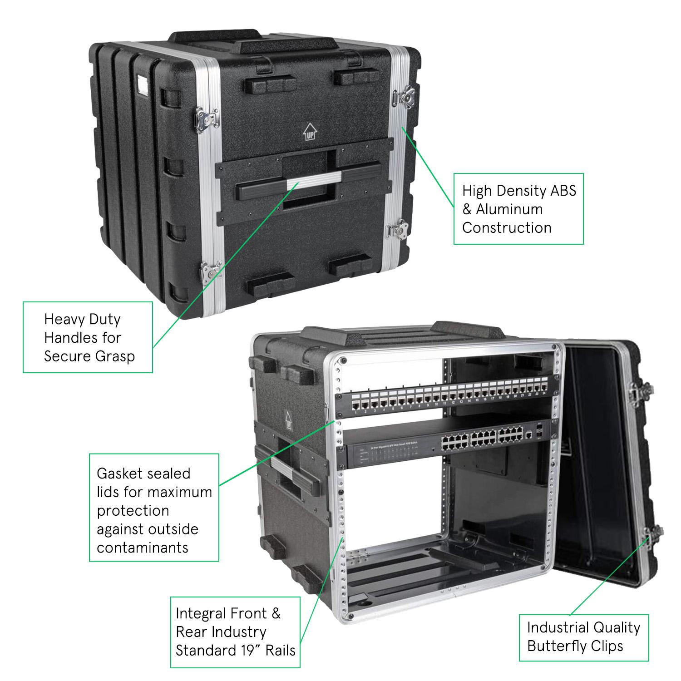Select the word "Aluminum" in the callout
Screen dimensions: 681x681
tap(509, 209)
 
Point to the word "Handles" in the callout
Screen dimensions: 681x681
tap(83, 338)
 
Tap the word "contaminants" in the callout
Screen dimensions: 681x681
tap(143, 548)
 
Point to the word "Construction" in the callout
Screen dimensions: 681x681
tap(507, 228)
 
